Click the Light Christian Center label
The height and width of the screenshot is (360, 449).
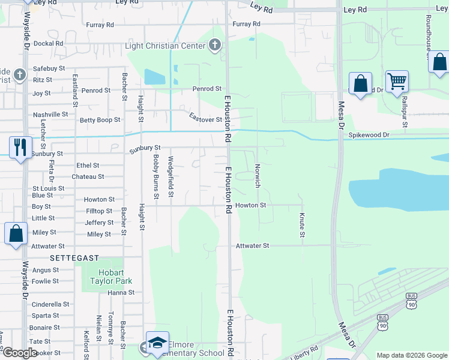click(x=165, y=46)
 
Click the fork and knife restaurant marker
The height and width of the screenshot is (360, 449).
click(x=20, y=147)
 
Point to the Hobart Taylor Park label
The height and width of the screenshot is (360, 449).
click(x=110, y=277)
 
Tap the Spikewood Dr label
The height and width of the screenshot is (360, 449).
click(x=369, y=136)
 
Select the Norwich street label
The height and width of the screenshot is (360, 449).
click(x=258, y=176)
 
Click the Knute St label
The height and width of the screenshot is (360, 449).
click(x=302, y=223)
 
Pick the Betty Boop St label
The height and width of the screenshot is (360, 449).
click(x=100, y=120)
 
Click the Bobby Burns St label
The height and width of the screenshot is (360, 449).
click(x=155, y=176)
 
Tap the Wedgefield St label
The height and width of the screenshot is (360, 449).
click(x=170, y=177)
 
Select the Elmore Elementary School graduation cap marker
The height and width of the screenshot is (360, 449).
click(x=157, y=343)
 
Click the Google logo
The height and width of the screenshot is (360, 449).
click(x=20, y=353)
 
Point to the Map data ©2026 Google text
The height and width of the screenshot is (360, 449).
click(x=411, y=355)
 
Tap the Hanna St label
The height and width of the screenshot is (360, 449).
click(x=121, y=293)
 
